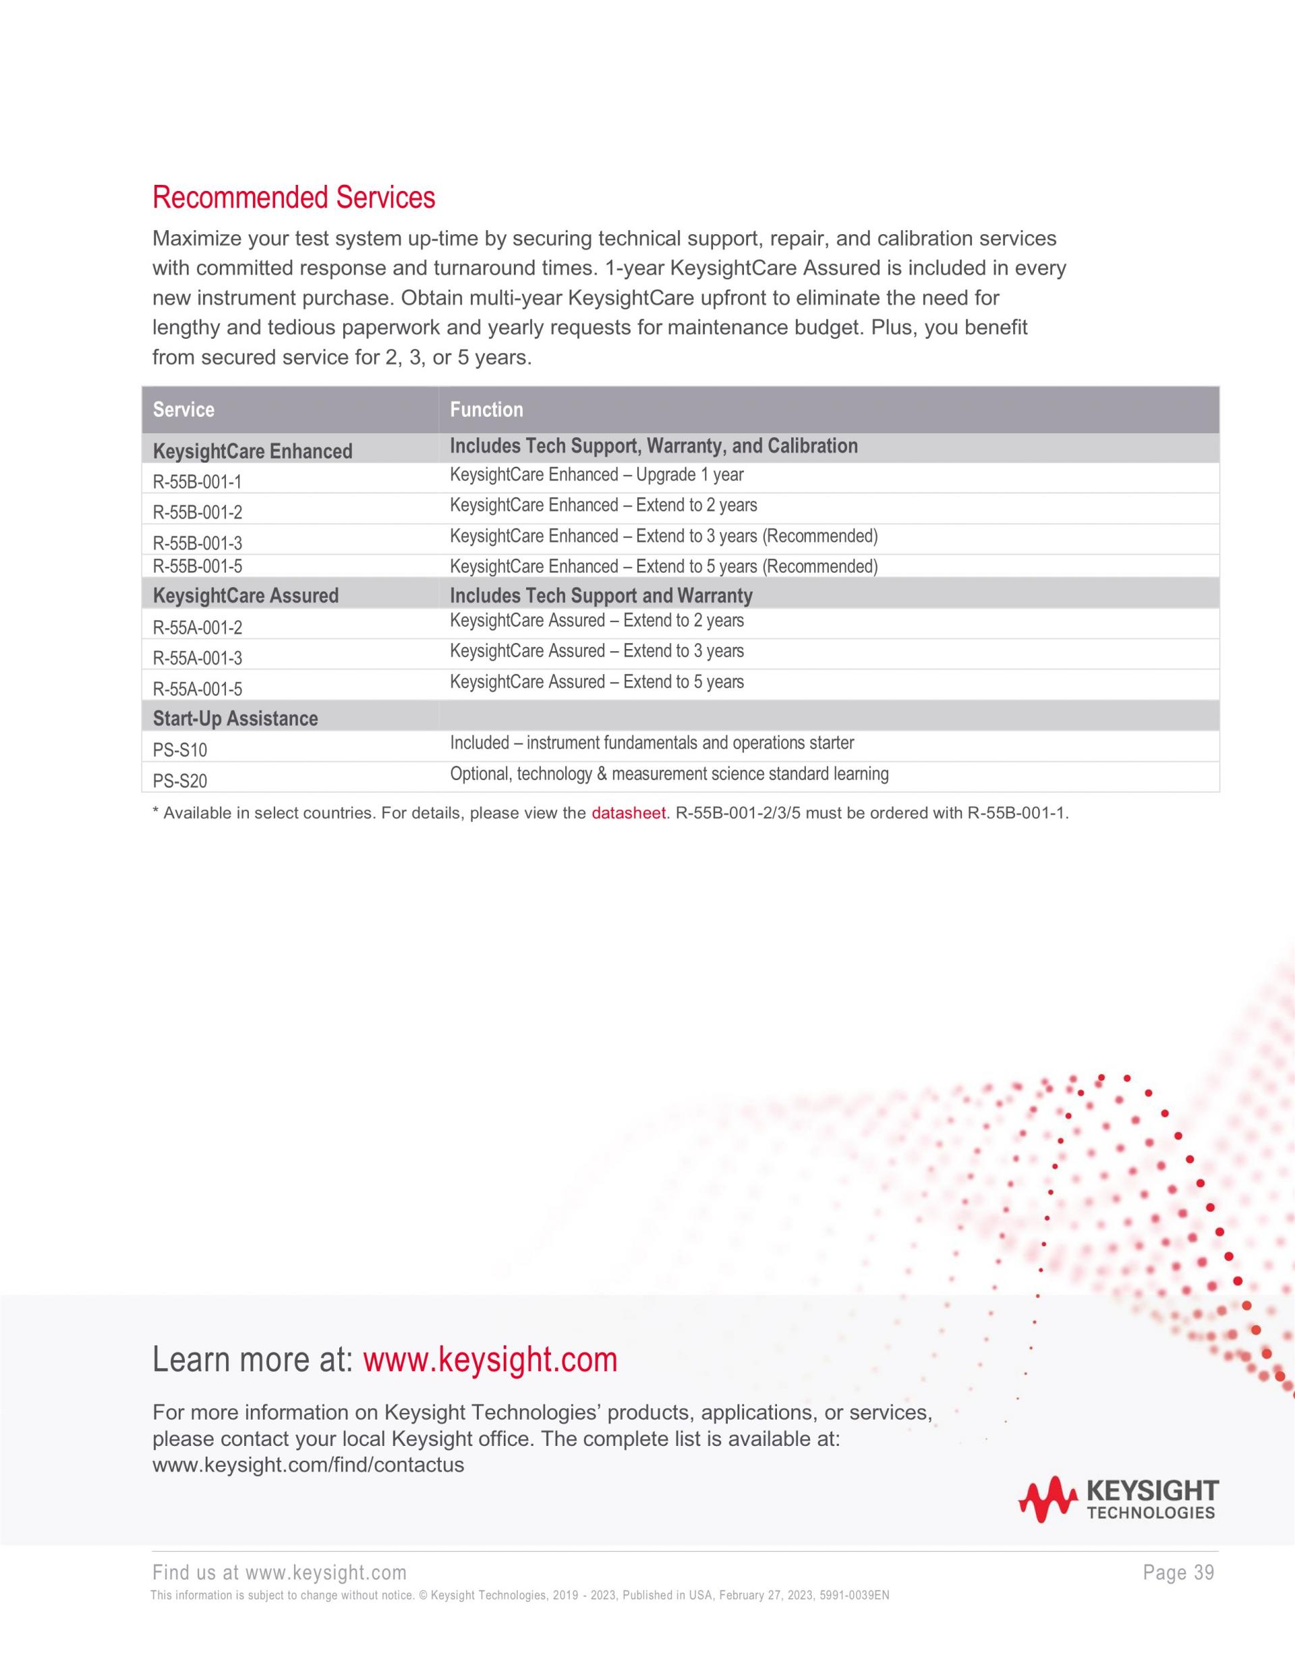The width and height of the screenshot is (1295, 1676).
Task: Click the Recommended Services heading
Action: pyautogui.click(x=293, y=198)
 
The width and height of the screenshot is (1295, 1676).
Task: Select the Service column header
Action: pyautogui.click(x=183, y=410)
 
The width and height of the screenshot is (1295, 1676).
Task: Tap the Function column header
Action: pyautogui.click(x=486, y=410)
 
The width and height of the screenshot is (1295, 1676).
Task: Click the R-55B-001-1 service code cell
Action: pyautogui.click(x=197, y=482)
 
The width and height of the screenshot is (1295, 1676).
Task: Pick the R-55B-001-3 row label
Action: pyautogui.click(x=197, y=543)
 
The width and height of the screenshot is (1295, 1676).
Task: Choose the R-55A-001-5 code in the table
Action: pyautogui.click(x=197, y=689)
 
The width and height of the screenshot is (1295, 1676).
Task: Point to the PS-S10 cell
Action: pyautogui.click(x=179, y=750)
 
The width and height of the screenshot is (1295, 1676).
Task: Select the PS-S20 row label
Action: pyautogui.click(x=179, y=781)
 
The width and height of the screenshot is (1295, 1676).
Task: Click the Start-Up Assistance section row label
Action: pyautogui.click(x=235, y=719)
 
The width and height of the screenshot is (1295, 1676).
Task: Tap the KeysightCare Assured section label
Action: pyautogui.click(x=246, y=596)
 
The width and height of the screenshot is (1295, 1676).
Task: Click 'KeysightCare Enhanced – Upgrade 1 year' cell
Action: pyautogui.click(x=596, y=475)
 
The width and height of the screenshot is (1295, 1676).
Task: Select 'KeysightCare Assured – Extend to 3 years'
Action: pyautogui.click(x=596, y=652)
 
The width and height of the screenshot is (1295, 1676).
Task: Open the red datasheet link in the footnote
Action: pyautogui.click(x=627, y=814)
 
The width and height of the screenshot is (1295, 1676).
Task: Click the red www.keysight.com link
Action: pyautogui.click(x=490, y=1360)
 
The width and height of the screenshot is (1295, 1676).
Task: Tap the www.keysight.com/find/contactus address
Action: pyautogui.click(x=308, y=1465)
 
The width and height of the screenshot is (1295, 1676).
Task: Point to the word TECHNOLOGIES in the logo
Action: pyautogui.click(x=1151, y=1513)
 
